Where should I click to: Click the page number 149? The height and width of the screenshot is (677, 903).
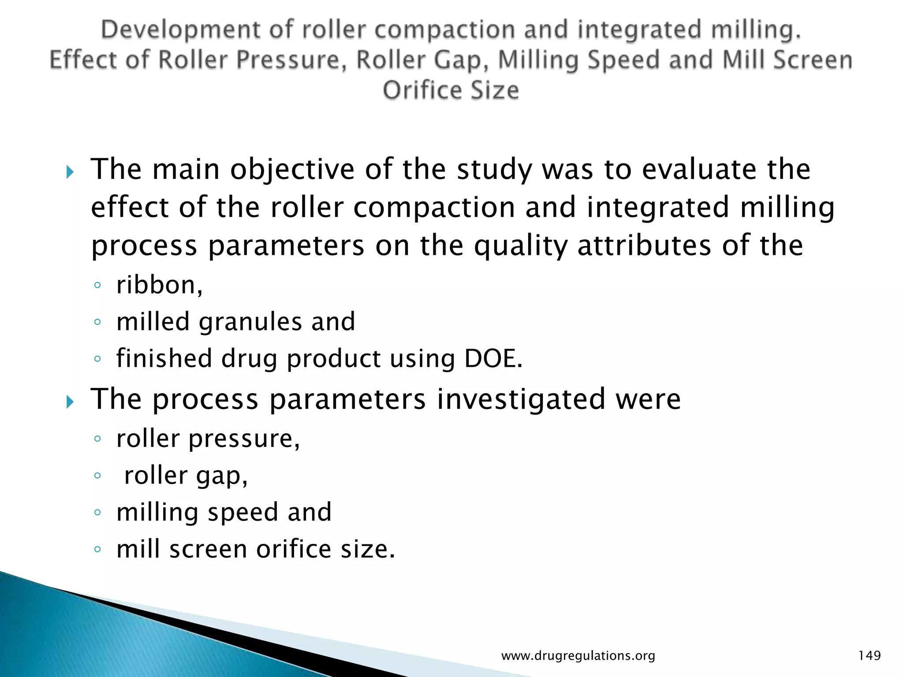click(x=869, y=655)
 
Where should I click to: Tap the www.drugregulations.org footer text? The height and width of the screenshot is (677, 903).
click(x=578, y=656)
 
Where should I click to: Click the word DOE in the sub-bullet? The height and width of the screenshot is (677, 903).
click(x=493, y=358)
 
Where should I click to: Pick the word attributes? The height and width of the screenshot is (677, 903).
click(x=644, y=245)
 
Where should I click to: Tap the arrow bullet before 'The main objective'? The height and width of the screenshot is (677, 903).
click(x=70, y=172)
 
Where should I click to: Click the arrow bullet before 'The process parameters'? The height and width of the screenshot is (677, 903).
click(x=70, y=402)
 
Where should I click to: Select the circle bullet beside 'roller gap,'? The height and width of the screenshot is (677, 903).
click(x=97, y=476)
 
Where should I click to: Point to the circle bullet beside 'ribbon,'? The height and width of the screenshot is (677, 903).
click(x=97, y=285)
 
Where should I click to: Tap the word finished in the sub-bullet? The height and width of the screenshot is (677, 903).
click(x=164, y=358)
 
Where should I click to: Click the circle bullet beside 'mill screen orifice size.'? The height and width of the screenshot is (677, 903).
click(x=97, y=550)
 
